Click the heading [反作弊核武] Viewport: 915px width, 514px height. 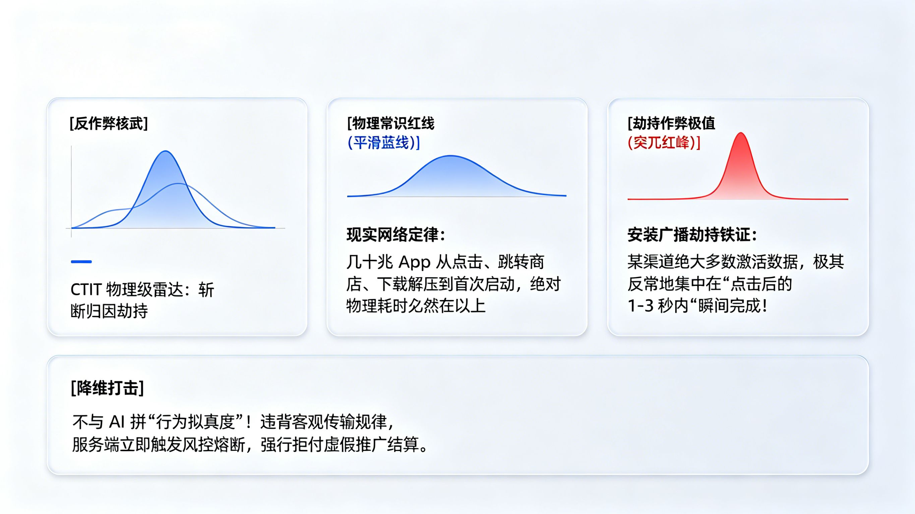tap(109, 124)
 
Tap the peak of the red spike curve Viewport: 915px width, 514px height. tap(741, 134)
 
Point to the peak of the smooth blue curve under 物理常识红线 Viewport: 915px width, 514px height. tap(450, 156)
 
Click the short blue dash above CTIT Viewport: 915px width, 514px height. tap(81, 262)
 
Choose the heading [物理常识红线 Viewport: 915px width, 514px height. tap(391, 124)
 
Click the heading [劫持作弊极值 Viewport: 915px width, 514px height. tap(671, 123)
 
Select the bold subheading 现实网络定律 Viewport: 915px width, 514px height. tap(392, 235)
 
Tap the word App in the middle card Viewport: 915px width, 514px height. tap(415, 262)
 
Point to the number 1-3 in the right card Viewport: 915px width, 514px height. tap(640, 306)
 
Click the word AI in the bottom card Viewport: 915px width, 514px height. tap(117, 422)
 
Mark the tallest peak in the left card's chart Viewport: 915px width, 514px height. tap(166, 152)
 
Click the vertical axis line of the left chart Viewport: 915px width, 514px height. tap(71, 188)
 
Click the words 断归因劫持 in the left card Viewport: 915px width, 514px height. tap(109, 312)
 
